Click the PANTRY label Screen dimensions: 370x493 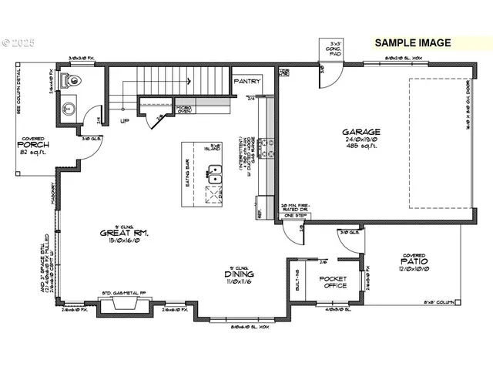[x=246, y=81]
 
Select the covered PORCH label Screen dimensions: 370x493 [x=33, y=146]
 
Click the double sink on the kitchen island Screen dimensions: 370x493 [x=215, y=179]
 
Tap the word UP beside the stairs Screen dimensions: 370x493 [x=124, y=120]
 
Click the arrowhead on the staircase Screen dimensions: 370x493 [x=188, y=80]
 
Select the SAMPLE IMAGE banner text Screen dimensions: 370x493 [x=413, y=43]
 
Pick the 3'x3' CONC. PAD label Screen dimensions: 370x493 [x=333, y=49]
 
